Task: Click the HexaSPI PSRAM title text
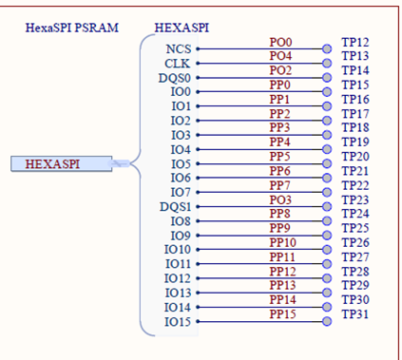tap(72, 28)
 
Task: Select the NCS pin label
tap(177, 48)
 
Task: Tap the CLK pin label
tap(178, 63)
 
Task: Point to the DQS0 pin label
tap(174, 77)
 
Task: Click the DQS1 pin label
tap(174, 206)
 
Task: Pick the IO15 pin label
tap(177, 322)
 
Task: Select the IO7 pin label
tap(178, 192)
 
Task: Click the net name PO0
tap(280, 43)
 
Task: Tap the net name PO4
tap(280, 57)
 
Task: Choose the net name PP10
tap(283, 243)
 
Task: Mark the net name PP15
tap(283, 314)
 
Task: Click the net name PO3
tap(280, 199)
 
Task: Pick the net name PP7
tap(279, 185)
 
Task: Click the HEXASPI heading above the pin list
tap(180, 28)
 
